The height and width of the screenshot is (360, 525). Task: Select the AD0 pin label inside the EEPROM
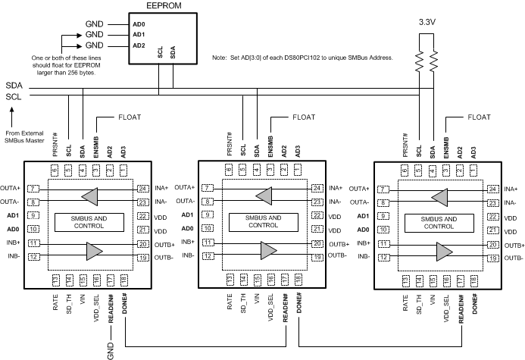coord(138,24)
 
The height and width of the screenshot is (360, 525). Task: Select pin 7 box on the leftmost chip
coord(33,187)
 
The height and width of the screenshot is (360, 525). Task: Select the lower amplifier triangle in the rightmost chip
coord(439,250)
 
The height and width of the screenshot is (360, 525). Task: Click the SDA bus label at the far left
coord(14,86)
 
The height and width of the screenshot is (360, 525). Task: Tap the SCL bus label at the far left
coord(14,96)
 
